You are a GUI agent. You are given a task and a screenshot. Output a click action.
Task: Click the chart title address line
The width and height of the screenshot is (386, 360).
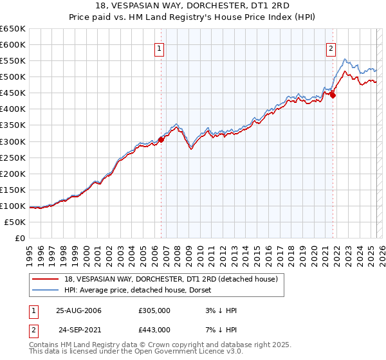coord(193,6)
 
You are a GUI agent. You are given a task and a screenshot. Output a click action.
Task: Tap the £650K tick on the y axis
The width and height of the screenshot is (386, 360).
coord(13,29)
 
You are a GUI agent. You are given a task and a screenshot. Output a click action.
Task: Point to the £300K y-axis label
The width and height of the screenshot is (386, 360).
coord(13,141)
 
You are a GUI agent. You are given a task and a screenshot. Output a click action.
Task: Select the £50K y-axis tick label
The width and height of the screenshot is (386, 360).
coord(15,222)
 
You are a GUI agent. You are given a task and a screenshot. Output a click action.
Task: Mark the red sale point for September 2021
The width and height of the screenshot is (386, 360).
coord(333,95)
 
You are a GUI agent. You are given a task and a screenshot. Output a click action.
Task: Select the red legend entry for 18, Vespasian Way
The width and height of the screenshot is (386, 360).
coord(171,279)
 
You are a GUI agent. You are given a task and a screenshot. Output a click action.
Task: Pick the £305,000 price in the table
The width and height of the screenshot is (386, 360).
coord(154,310)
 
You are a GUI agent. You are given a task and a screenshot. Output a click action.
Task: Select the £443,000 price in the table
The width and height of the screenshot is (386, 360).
coord(154,330)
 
